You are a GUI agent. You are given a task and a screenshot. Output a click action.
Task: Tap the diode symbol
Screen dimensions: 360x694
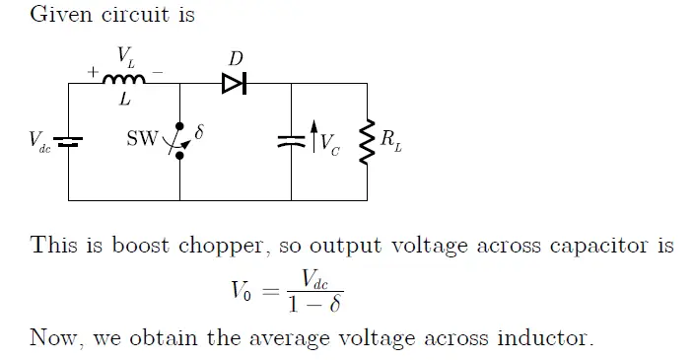pos(234,84)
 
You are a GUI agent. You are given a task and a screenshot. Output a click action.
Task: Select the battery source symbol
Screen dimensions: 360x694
pos(68,141)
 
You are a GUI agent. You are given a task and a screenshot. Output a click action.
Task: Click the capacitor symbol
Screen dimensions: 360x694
pos(292,140)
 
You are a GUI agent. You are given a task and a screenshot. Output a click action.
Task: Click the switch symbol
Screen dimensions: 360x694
pos(178,141)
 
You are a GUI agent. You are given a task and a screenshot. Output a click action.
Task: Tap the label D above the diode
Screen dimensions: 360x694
pos(235,59)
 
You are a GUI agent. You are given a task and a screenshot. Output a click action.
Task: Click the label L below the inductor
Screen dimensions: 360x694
pos(125,99)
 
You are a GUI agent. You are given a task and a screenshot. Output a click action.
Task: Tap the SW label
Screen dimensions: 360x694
pos(140,139)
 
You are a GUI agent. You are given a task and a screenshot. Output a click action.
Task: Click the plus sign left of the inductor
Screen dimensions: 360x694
pos(95,72)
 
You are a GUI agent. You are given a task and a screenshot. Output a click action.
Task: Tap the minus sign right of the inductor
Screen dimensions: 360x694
pos(158,72)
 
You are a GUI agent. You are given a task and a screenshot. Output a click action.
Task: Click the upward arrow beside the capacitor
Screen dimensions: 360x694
pos(313,138)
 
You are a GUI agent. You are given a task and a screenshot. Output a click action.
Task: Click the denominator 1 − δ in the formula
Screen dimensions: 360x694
pos(314,304)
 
